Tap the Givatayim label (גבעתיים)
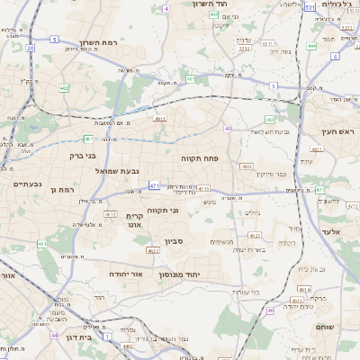(x=28, y=184)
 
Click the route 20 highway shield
(x=30, y=48)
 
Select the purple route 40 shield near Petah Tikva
(x=229, y=130)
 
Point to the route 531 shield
(x=309, y=7)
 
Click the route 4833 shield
(x=246, y=166)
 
